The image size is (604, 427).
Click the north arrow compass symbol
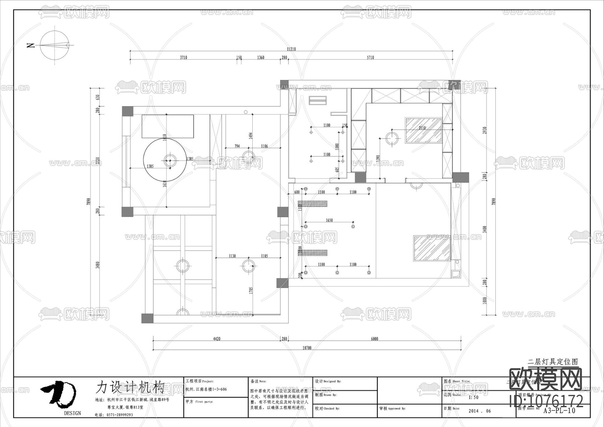point(54,45)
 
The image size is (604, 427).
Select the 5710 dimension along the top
point(370,57)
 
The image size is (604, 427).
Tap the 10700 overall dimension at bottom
point(307,348)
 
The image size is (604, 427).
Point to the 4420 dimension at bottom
point(217,339)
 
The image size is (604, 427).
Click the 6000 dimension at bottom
point(374,339)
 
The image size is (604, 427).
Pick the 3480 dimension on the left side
point(97,265)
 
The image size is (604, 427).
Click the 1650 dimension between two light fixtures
point(329,220)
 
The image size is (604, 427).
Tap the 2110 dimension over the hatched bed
point(422,128)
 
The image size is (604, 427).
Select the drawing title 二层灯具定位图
point(553,362)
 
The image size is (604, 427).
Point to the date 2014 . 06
point(480,411)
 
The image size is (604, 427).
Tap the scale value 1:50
point(473,397)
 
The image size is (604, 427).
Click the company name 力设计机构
point(130,387)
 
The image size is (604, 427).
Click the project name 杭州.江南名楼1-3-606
point(206,389)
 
